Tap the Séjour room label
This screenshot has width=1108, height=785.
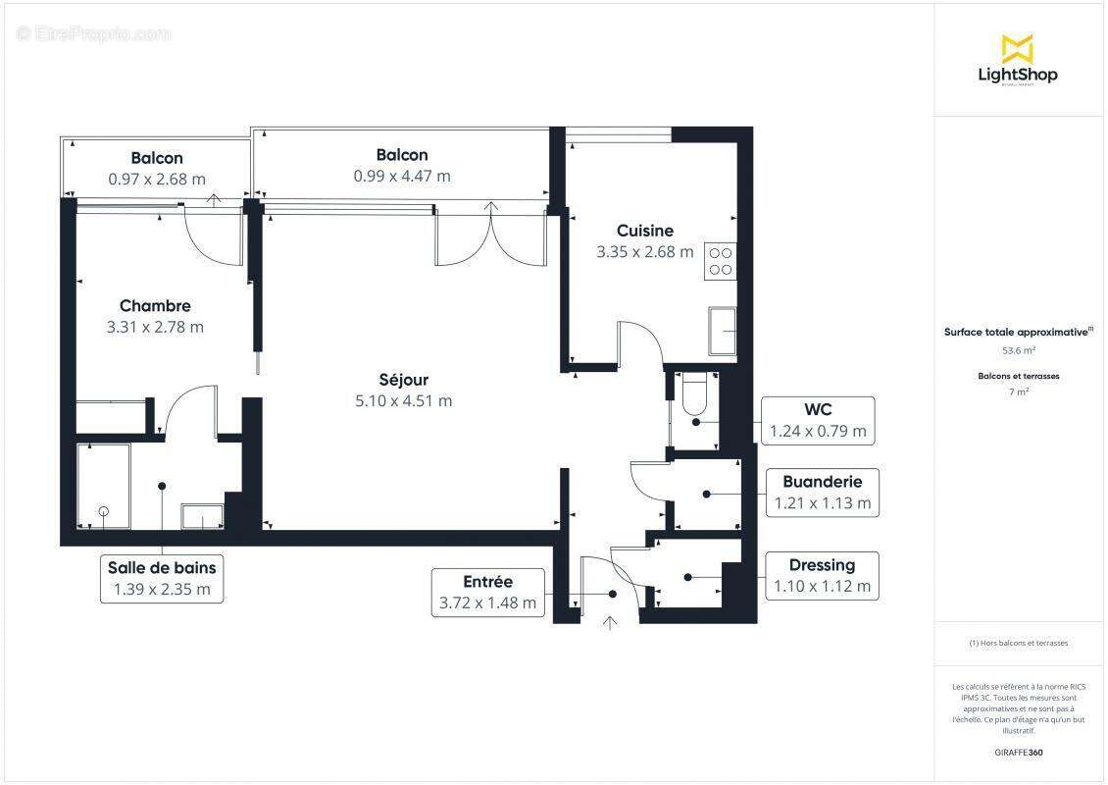click(x=404, y=380)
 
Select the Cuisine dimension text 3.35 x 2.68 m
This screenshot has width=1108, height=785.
click(x=644, y=252)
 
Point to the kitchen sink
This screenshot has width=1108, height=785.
click(x=724, y=332)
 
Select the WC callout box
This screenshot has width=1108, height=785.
click(x=818, y=420)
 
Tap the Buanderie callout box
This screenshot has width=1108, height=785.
click(x=822, y=493)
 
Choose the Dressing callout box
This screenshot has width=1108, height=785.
click(x=822, y=576)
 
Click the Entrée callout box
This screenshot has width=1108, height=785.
click(x=488, y=593)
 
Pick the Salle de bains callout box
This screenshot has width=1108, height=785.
click(x=162, y=578)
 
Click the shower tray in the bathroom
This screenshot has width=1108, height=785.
click(x=104, y=487)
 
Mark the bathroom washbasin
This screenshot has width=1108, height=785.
click(x=203, y=516)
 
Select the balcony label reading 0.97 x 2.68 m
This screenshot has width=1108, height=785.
click(x=157, y=179)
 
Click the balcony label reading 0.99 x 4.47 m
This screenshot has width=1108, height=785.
click(x=402, y=176)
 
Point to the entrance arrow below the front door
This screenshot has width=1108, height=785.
click(x=611, y=622)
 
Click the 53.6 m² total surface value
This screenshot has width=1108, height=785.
click(x=1018, y=350)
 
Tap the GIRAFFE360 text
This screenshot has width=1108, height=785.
click(x=1018, y=752)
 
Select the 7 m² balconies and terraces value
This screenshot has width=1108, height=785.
click(x=1018, y=392)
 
